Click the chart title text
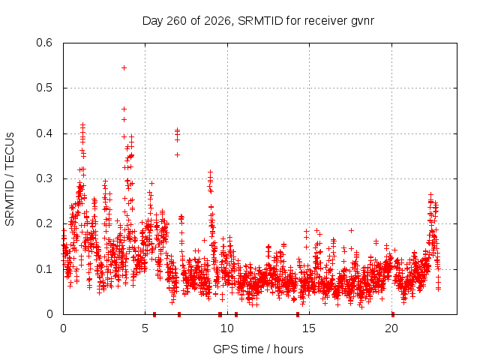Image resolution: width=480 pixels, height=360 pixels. [258, 21]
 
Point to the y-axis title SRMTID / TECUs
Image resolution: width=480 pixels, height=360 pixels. [10, 179]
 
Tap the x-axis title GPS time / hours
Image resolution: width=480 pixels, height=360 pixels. [258, 349]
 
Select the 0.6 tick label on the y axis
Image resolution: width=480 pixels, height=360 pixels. [44, 43]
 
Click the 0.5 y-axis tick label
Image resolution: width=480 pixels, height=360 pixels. [44, 88]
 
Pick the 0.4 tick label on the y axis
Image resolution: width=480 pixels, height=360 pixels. [44, 133]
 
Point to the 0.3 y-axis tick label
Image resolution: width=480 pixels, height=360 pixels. [44, 178]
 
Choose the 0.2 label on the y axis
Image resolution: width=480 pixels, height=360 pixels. [44, 223]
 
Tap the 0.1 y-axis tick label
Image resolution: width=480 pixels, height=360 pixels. [44, 269]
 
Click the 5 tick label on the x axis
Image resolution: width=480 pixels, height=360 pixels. [145, 328]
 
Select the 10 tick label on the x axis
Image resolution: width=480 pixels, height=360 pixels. [227, 328]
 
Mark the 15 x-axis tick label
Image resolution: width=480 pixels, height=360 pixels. [309, 328]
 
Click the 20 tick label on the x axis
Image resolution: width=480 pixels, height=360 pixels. [391, 328]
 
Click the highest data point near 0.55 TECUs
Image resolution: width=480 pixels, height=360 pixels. [124, 68]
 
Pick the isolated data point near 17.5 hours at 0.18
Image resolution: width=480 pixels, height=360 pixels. [352, 230]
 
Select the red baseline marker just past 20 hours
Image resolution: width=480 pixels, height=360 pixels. [393, 314]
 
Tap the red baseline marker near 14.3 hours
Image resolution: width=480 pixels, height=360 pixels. [298, 314]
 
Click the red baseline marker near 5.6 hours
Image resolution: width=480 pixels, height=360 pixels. [154, 314]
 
